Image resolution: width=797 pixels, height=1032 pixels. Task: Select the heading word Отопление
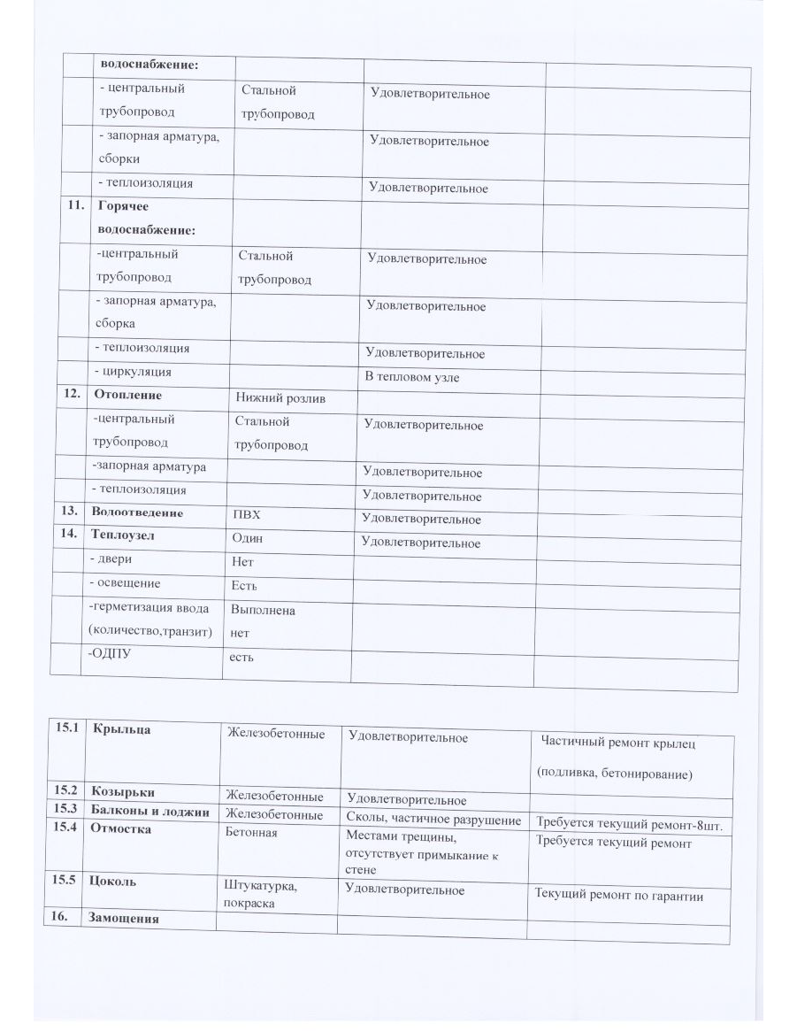pos(126,395)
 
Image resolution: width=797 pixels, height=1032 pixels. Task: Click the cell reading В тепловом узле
pos(412,377)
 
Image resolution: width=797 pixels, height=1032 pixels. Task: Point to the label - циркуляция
pos(133,372)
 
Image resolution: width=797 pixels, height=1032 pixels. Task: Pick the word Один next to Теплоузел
pos(247,538)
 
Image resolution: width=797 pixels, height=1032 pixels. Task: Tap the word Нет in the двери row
pos(242,562)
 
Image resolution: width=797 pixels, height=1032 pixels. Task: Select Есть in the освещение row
pos(244,586)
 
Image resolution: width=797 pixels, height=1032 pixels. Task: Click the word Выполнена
pos(263,611)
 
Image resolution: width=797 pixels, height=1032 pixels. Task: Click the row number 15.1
pos(66,728)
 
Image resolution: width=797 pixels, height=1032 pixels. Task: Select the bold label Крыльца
pos(121,729)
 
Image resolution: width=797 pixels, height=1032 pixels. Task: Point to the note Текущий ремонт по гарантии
pos(619,896)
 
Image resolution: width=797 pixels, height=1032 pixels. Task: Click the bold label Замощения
pos(125,919)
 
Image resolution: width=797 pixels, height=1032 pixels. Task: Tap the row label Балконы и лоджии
pos(150,812)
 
